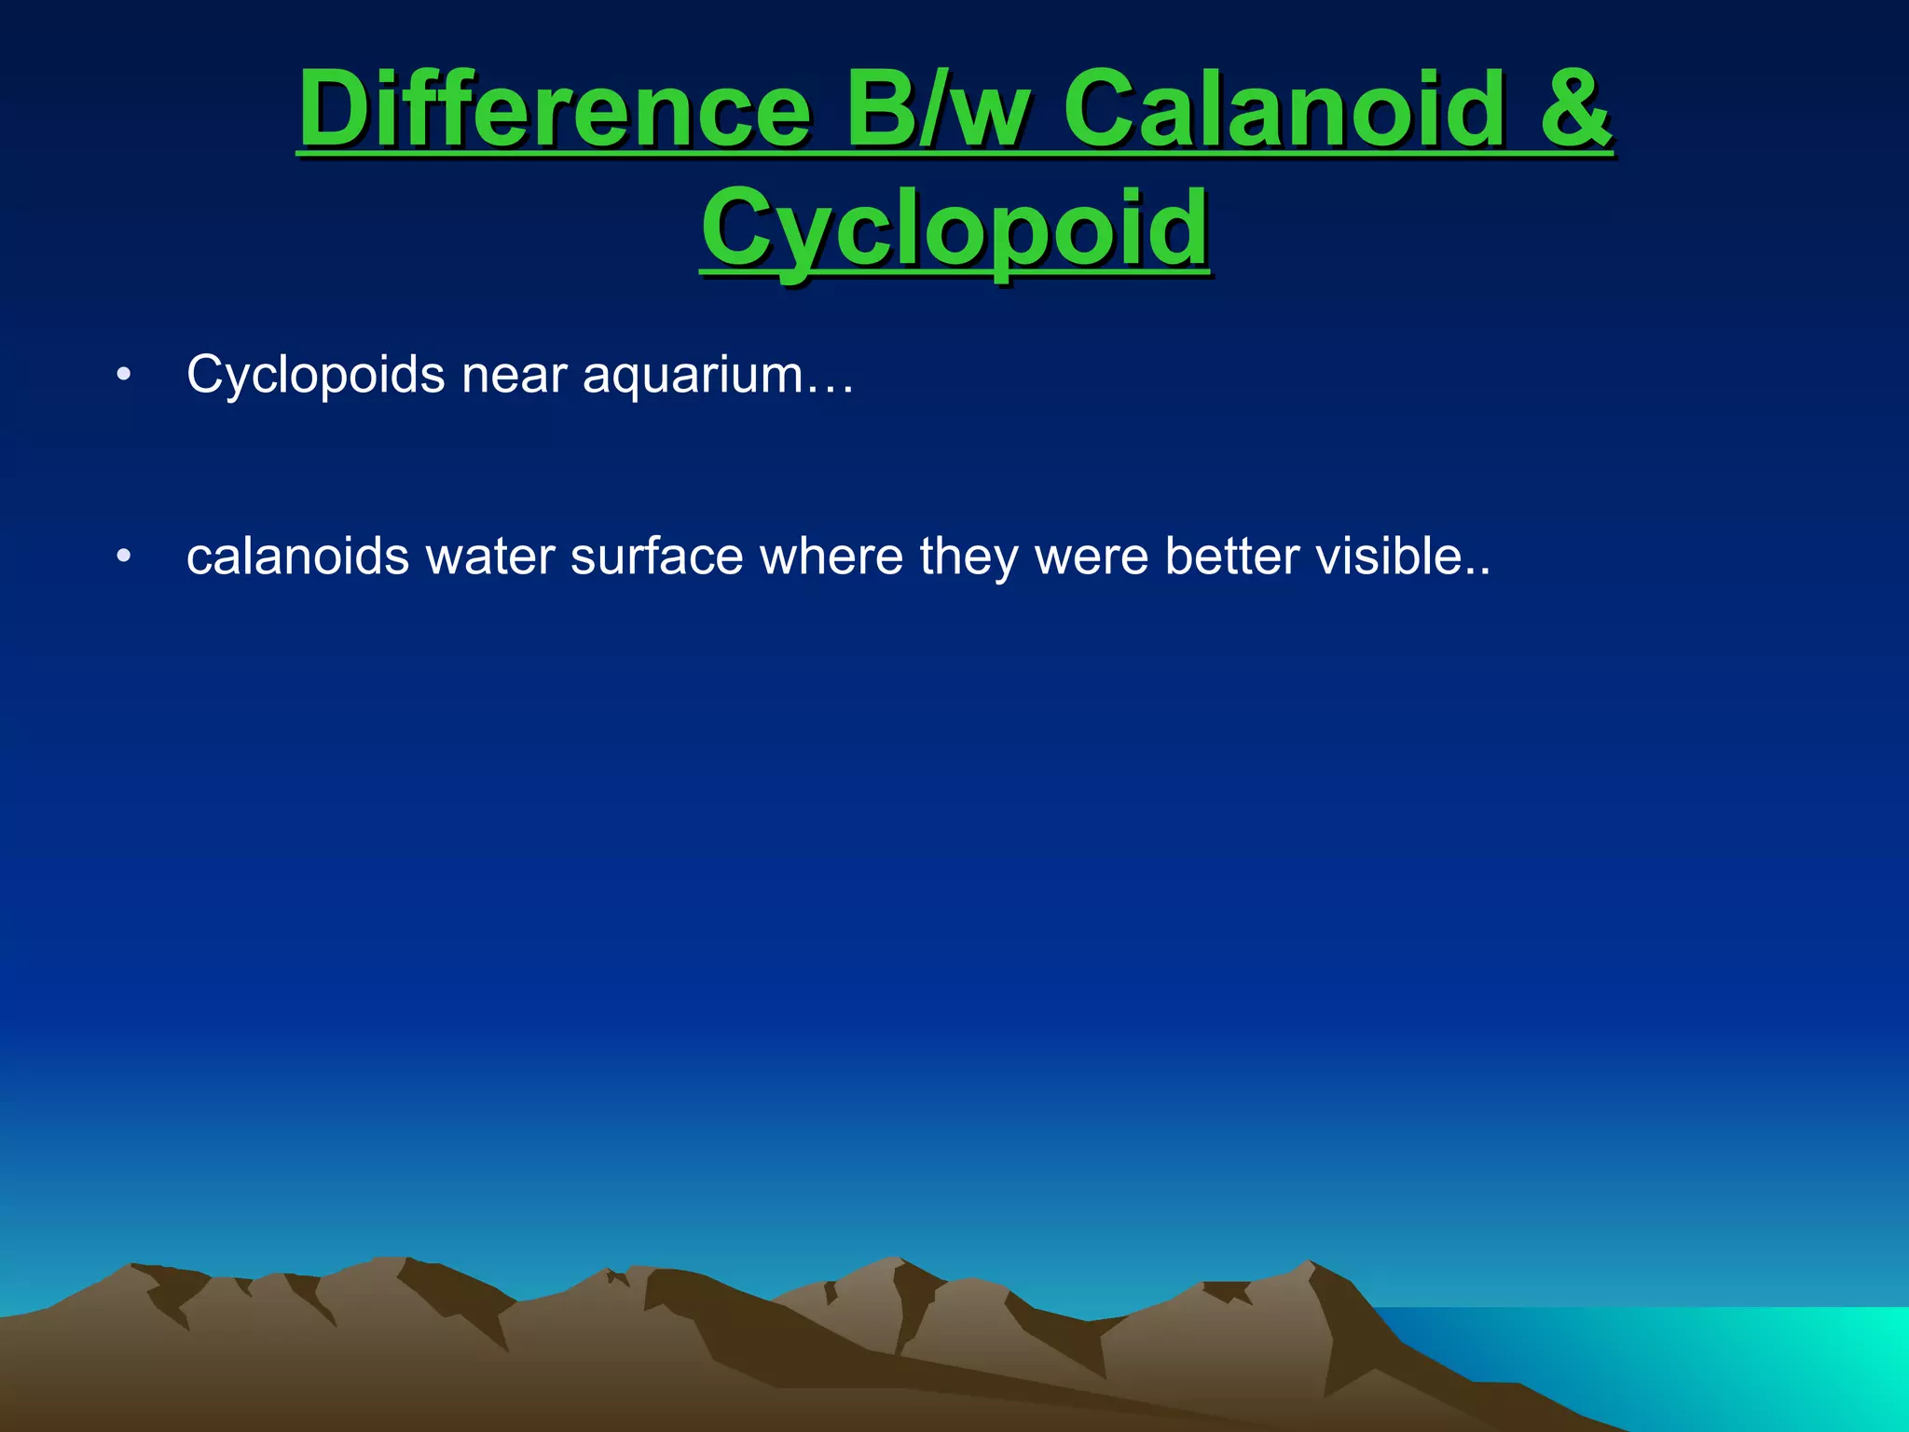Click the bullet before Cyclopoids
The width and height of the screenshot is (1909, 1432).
pos(123,376)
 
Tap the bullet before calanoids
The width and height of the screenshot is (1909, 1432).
pos(123,557)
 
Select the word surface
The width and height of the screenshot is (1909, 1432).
pos(657,557)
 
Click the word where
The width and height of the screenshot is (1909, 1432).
pos(831,557)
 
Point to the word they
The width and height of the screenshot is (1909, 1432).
pos(968,558)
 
